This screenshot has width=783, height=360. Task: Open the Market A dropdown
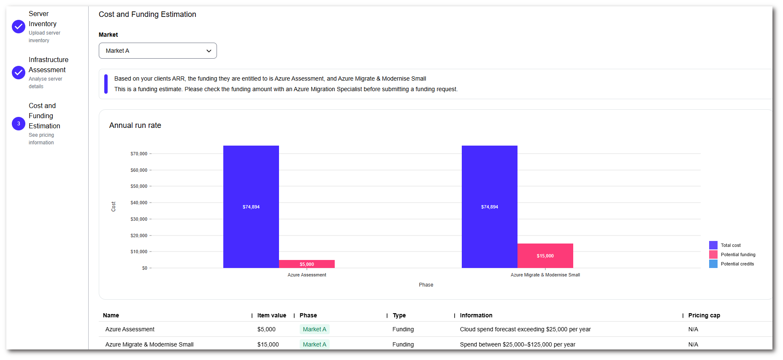point(157,51)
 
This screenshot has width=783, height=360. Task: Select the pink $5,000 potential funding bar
point(307,264)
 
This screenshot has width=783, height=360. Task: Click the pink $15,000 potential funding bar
point(545,256)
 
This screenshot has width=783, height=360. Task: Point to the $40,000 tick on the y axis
point(139,203)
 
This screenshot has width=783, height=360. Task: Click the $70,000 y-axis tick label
point(139,154)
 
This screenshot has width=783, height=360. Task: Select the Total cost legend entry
point(730,245)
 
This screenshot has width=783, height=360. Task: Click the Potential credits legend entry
point(737,264)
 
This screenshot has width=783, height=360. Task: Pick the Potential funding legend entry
point(738,254)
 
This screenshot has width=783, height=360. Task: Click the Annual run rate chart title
point(135,125)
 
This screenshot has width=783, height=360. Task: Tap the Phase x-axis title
point(426,285)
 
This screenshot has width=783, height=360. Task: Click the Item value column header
point(271,315)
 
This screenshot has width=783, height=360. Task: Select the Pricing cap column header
point(704,315)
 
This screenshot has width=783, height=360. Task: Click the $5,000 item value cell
point(266,329)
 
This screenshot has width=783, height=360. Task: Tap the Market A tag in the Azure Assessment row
point(314,329)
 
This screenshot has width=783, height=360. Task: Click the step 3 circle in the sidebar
point(19,124)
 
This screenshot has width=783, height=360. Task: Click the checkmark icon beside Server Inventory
point(19,27)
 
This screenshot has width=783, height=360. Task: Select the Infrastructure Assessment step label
point(48,65)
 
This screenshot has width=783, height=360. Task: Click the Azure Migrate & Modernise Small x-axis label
point(545,275)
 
